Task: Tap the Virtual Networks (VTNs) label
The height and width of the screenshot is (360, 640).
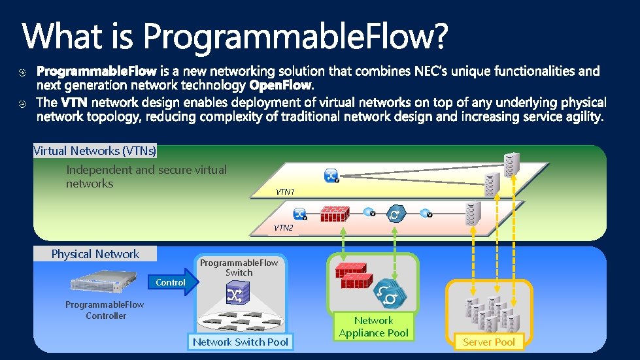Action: tap(95, 151)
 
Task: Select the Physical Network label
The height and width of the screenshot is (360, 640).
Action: tap(95, 254)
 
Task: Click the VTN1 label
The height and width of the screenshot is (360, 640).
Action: tap(285, 192)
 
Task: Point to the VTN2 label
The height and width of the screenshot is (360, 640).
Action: tap(283, 228)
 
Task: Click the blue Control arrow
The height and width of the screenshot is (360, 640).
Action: tap(172, 282)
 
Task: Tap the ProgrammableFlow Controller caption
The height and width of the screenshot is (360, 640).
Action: tap(105, 310)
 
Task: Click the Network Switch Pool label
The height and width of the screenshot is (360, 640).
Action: tap(240, 342)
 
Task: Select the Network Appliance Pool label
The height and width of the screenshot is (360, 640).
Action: tap(373, 327)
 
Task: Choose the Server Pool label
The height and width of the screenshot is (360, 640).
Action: tap(488, 342)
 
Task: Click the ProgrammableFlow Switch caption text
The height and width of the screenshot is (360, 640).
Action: tap(239, 267)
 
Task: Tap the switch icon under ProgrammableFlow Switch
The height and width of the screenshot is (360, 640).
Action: tap(235, 295)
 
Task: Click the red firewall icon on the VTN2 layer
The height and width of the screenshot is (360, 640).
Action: tap(333, 214)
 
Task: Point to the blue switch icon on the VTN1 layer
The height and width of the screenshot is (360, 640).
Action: tap(331, 175)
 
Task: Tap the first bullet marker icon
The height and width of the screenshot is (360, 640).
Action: tap(22, 71)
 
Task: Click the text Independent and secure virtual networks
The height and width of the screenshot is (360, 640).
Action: tap(146, 176)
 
